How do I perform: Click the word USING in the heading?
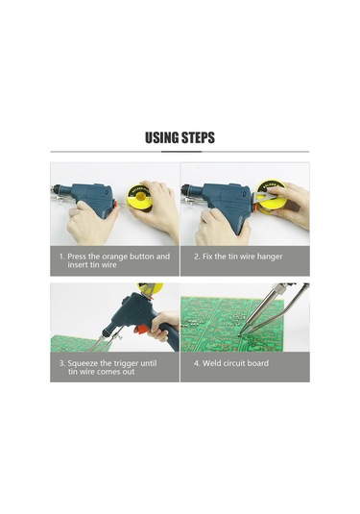pos(162,137)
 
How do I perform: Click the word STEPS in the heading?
pos(198,137)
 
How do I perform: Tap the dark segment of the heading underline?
pos(181,152)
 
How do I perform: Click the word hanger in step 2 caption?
pos(270,257)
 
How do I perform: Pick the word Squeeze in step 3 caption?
pos(84,363)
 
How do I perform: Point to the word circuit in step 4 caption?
pos(234,363)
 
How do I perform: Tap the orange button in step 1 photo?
pos(115,204)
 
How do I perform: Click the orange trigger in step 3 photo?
pos(143,329)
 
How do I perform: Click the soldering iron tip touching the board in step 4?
pos(240,333)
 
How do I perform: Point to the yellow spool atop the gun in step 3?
pos(151,288)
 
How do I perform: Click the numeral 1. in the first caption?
pos(61,257)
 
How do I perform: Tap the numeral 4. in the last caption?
pos(197,363)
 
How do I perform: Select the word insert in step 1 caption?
pos(78,265)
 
